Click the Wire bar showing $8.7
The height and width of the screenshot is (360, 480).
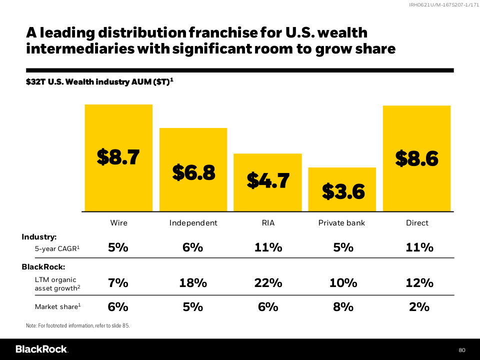point(118,157)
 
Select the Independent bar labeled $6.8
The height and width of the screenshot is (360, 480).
point(193,169)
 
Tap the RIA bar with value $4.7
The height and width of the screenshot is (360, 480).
point(267,182)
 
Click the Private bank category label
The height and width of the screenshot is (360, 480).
point(342,223)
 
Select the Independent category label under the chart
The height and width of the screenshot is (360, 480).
point(193,223)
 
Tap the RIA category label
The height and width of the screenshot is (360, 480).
point(268,223)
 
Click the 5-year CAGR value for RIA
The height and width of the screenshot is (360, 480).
point(268,247)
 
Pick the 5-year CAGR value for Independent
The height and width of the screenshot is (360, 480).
point(193,247)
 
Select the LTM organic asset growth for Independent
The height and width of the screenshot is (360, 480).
point(193,283)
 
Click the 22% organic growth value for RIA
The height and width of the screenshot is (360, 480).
point(268,283)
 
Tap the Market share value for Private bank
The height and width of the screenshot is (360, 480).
point(343,307)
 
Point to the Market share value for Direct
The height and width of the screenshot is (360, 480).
point(419,307)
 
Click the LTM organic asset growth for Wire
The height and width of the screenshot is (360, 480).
point(118,283)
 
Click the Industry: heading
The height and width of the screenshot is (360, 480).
point(39,236)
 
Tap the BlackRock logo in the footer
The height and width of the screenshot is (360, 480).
point(41,349)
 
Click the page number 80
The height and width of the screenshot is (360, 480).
point(462,349)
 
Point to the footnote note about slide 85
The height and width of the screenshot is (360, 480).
point(77,326)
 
